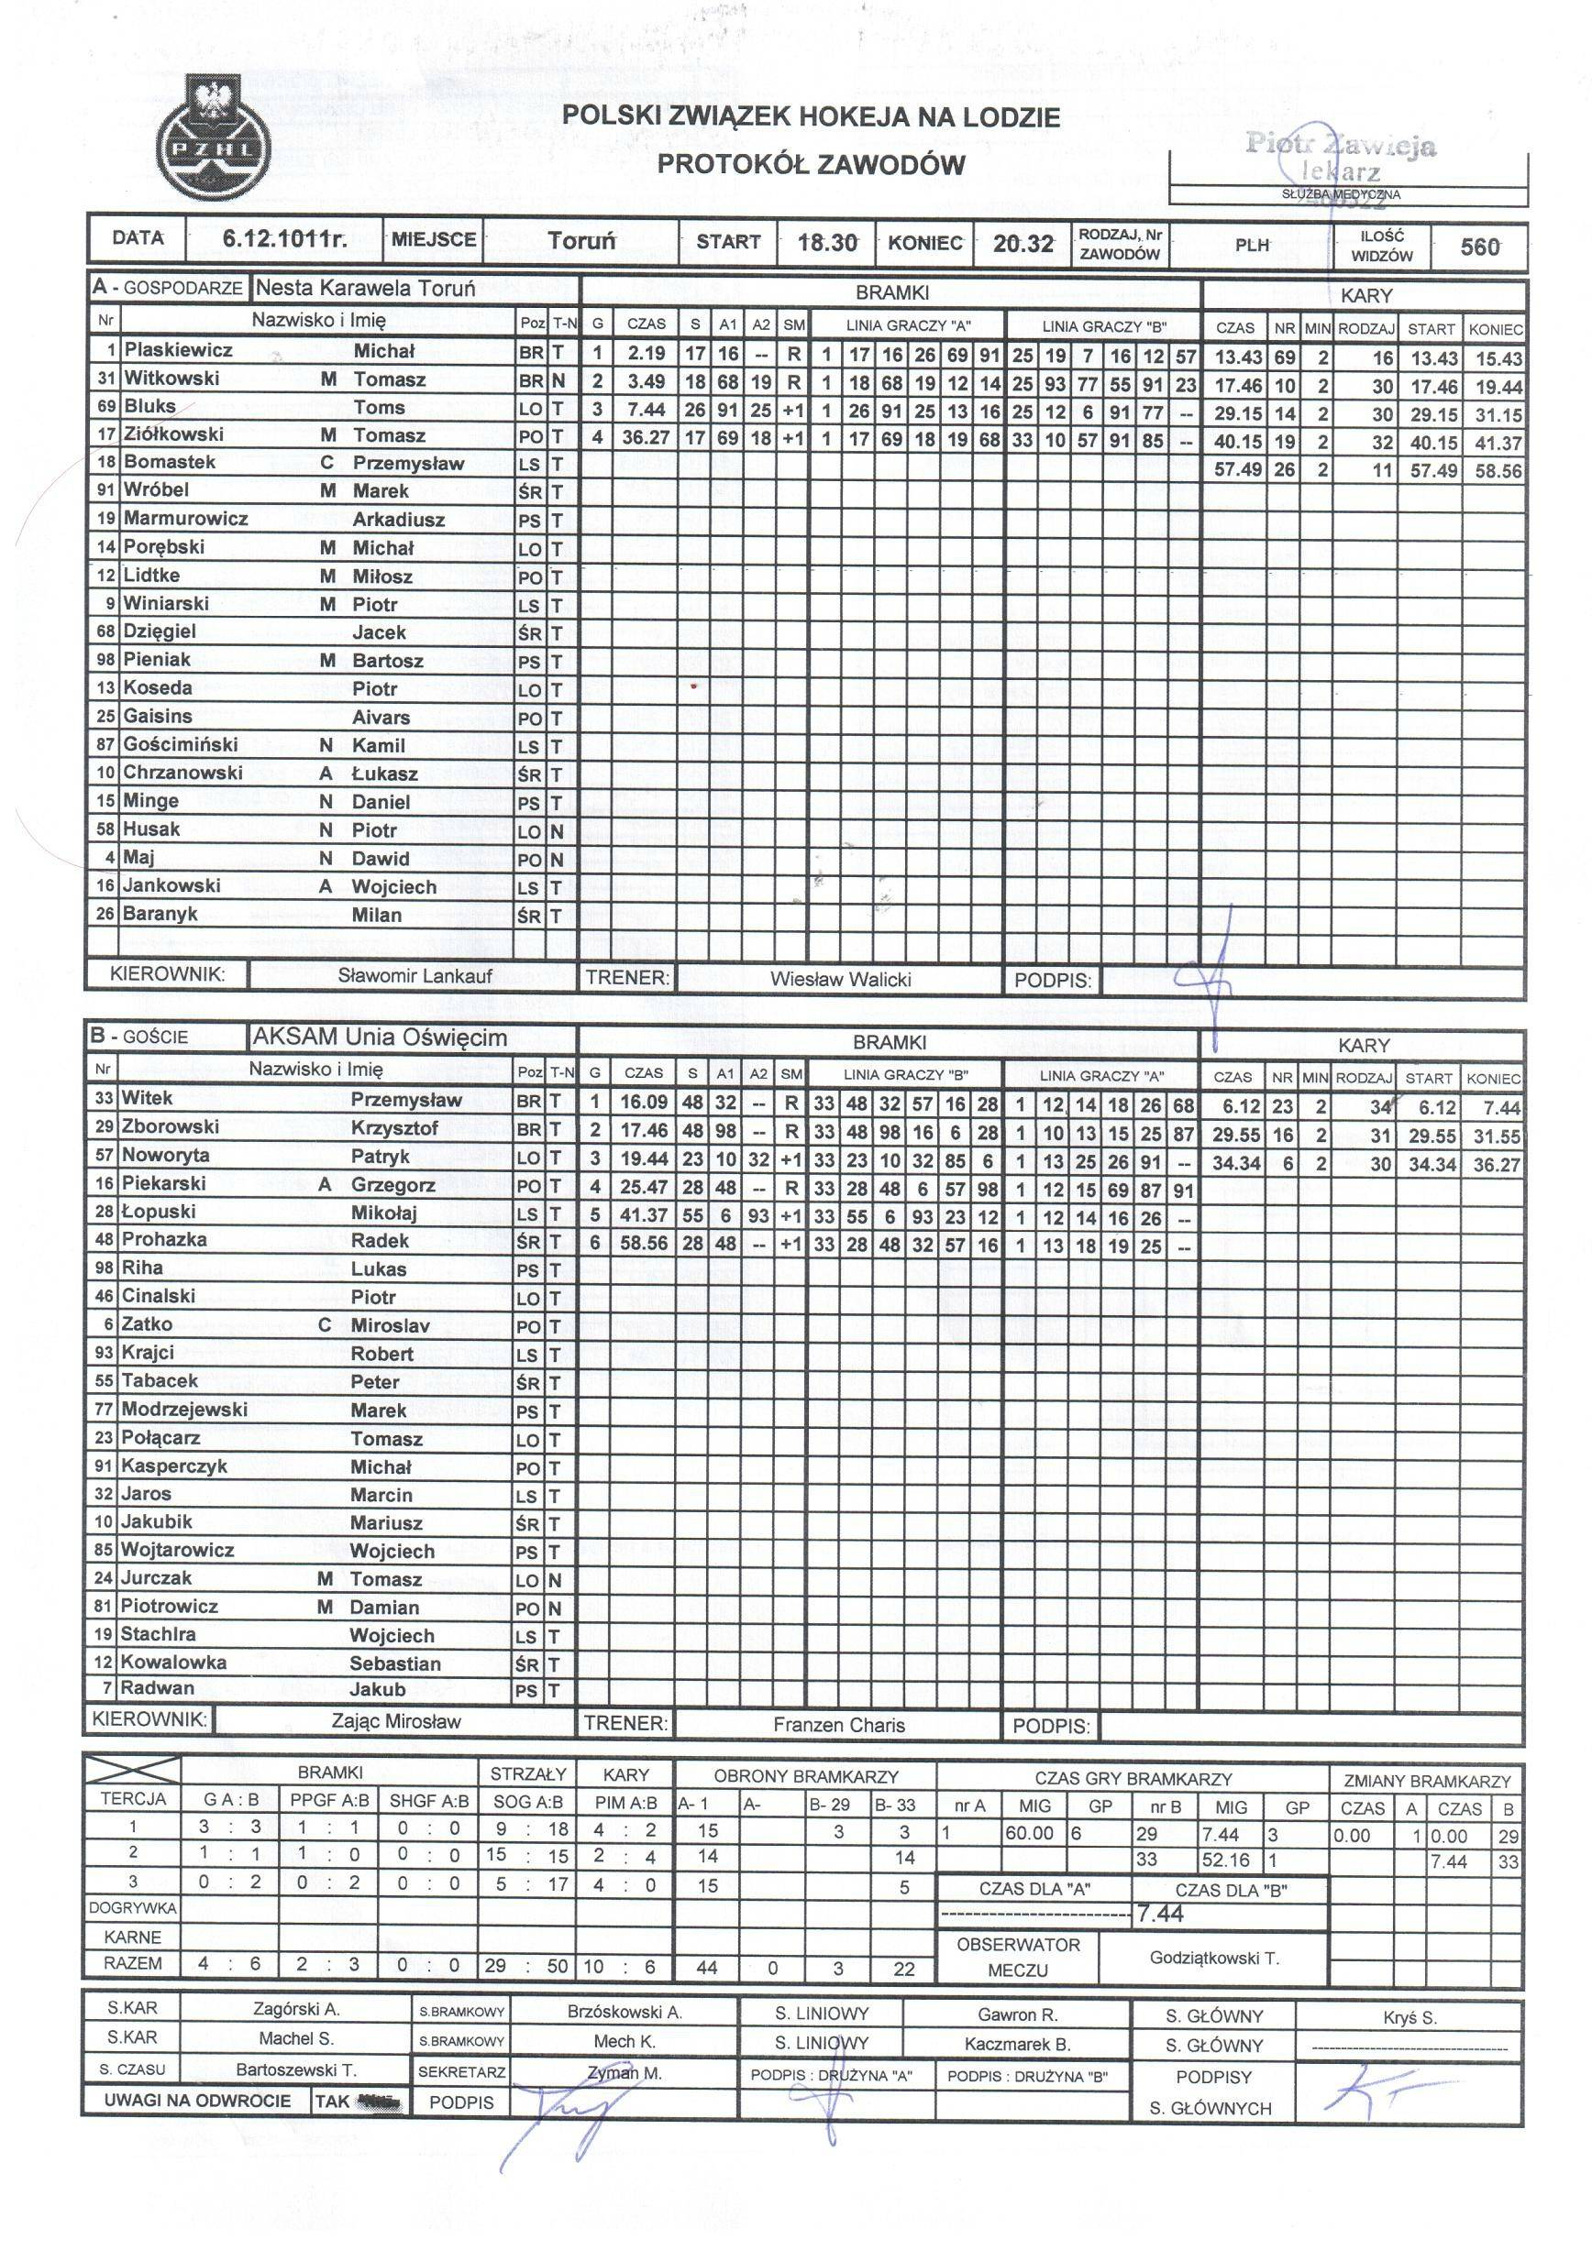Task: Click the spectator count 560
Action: pos(1479,247)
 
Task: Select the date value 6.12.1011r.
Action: pos(284,240)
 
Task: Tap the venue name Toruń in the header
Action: pos(581,241)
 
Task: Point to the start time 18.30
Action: pos(827,242)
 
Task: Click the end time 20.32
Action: pos(1023,243)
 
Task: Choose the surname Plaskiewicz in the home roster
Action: pos(179,350)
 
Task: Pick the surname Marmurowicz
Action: pos(185,519)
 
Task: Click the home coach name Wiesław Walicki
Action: pos(840,979)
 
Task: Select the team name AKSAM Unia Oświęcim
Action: pos(381,1037)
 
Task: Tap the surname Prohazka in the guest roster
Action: pos(164,1240)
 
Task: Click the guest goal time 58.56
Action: pos(643,1245)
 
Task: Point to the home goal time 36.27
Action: pos(645,437)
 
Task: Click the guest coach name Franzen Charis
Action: pos(838,1725)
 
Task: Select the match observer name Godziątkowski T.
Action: pos(1214,1958)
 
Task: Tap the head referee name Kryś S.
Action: pos(1409,2018)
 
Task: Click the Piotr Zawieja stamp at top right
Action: pos(1341,157)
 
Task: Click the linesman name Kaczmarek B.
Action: pos(1017,2046)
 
